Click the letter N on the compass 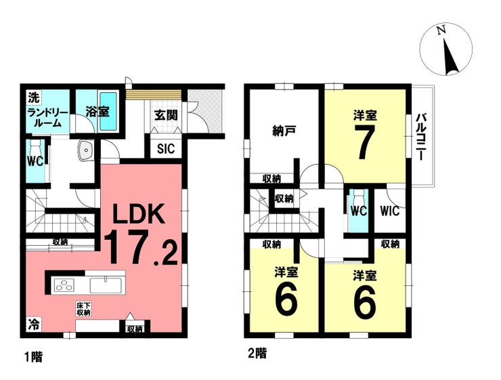click(x=441, y=30)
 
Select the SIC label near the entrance click(x=166, y=148)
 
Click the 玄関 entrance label click(x=166, y=114)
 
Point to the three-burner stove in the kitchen click(x=64, y=284)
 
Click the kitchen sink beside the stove click(x=106, y=285)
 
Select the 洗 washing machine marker click(x=34, y=98)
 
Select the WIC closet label click(x=390, y=211)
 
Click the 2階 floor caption click(x=257, y=354)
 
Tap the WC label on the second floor click(x=359, y=211)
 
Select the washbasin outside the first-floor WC click(x=85, y=150)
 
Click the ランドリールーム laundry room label click(x=48, y=118)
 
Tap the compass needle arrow click(x=451, y=56)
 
